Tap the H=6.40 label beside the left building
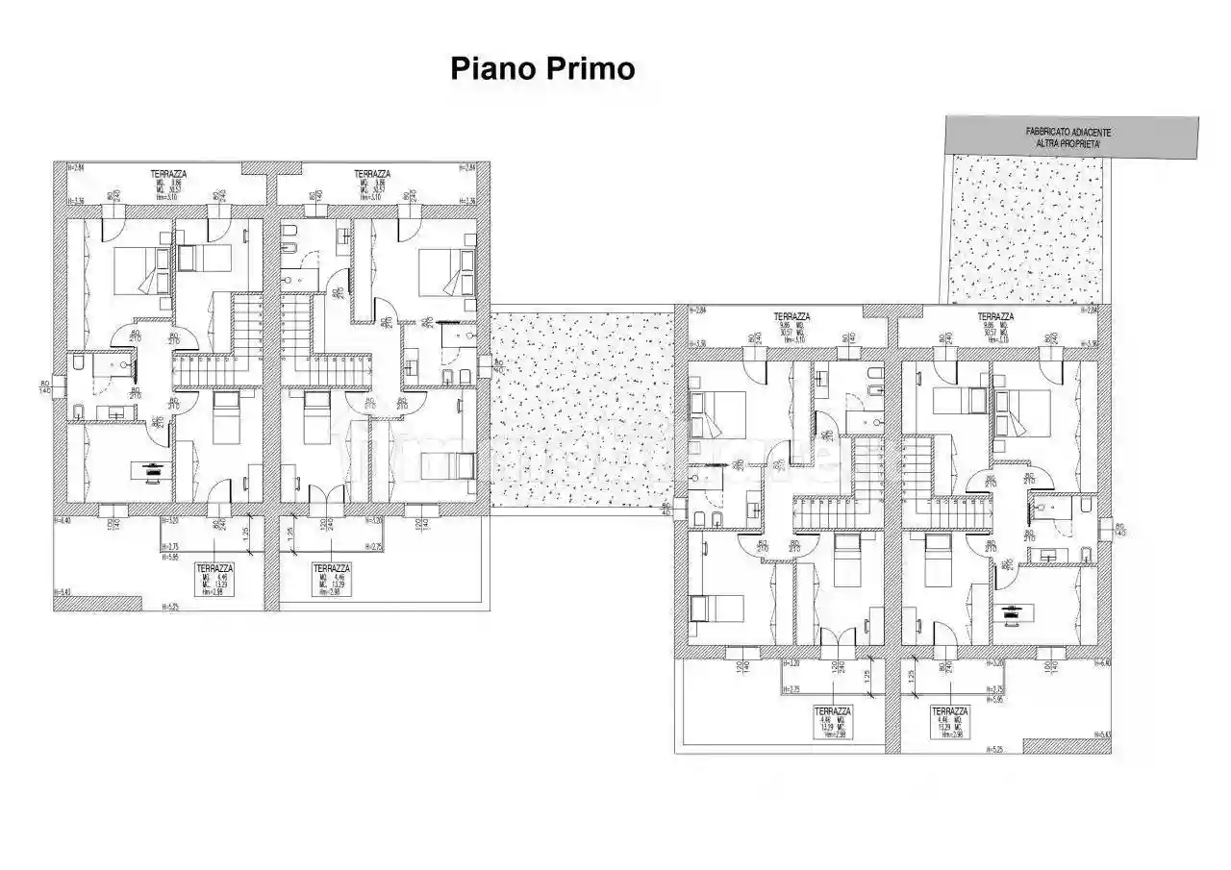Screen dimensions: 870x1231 point(65,521)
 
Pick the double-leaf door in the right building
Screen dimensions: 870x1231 point(833,634)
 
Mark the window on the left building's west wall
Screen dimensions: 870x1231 point(61,381)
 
